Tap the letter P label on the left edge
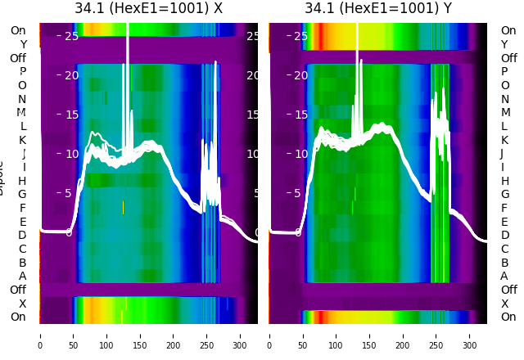22,72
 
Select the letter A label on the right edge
504,277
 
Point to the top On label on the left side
18,30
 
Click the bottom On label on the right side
508,317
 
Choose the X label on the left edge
23,304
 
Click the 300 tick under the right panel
470,336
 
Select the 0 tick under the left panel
39,336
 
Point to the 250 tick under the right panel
437,336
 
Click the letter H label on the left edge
22,181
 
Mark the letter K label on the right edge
504,140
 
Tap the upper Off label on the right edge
508,58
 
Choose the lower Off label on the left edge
18,290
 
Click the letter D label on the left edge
22,236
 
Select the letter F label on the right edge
504,208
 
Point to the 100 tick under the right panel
337,336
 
